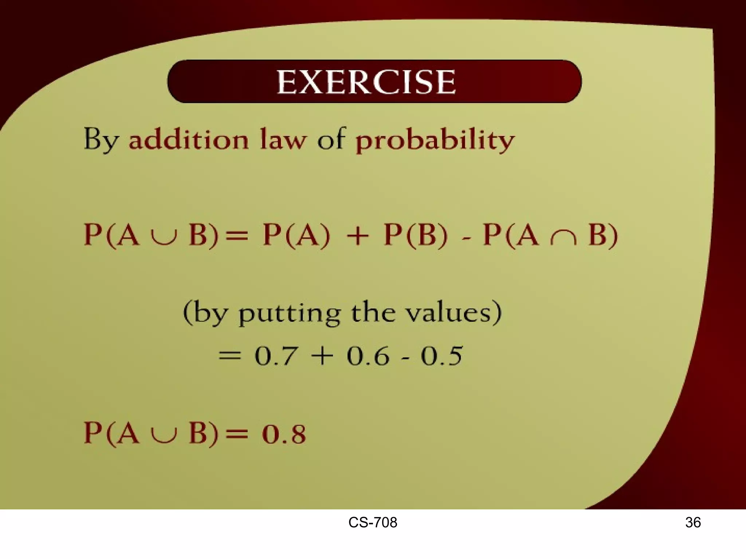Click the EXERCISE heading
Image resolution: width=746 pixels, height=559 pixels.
click(366, 82)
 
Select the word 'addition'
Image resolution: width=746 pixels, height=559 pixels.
click(189, 139)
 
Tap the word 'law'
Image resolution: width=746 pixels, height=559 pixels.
click(283, 139)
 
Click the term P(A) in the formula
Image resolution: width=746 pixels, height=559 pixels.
click(296, 235)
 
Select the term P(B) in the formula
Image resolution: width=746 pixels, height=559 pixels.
click(415, 235)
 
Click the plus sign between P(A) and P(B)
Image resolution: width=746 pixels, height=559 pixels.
click(358, 236)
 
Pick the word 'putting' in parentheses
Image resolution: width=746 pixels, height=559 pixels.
click(290, 314)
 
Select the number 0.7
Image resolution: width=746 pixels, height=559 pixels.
click(275, 356)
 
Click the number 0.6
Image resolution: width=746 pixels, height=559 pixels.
click(368, 356)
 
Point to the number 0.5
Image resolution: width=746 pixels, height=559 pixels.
click(441, 356)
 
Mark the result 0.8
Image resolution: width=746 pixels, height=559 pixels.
click(284, 434)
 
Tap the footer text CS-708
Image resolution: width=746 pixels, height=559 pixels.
click(373, 523)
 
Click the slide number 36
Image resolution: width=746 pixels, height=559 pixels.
click(693, 523)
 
